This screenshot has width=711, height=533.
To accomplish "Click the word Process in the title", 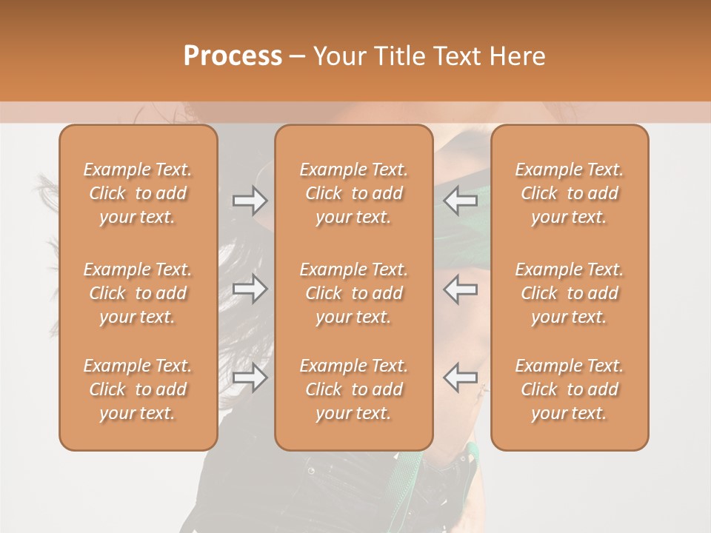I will [233, 56].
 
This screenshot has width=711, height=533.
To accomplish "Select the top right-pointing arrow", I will [250, 201].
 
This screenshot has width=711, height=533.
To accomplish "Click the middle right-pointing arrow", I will [250, 289].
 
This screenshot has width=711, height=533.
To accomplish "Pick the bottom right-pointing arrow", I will [250, 378].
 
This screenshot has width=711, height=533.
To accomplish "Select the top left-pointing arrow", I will [461, 201].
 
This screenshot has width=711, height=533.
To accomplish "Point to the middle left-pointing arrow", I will [461, 289].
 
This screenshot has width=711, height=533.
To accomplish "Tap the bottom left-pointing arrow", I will [461, 378].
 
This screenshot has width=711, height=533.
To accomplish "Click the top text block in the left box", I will [138, 193].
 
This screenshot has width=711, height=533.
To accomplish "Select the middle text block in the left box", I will [138, 293].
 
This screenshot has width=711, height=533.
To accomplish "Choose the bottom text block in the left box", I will [138, 389].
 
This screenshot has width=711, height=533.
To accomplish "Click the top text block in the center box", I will [353, 193].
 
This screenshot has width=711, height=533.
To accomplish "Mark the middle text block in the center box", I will [353, 293].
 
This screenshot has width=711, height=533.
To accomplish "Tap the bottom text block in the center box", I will [353, 389].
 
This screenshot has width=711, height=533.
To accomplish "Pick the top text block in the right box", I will [569, 193].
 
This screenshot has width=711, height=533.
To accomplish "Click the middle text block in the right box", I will [569, 293].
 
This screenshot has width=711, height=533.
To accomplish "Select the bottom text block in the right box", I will [569, 389].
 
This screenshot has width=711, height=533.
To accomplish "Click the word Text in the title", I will [457, 56].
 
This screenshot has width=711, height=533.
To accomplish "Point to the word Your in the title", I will [338, 56].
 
